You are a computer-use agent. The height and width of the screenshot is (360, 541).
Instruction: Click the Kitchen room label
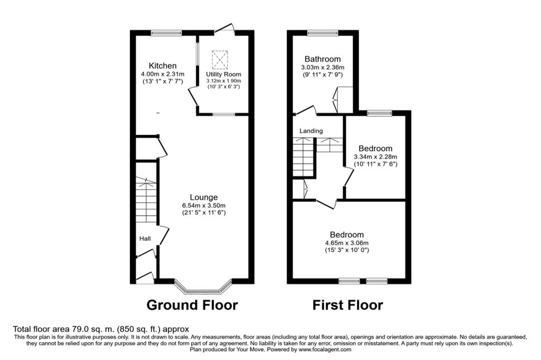[162, 66]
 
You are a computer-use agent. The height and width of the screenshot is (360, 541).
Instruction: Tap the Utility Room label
[224, 74]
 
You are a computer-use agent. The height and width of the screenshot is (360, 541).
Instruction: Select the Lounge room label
[204, 197]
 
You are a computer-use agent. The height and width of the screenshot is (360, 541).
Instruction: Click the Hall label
[145, 239]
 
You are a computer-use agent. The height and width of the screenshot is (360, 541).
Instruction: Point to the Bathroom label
[322, 59]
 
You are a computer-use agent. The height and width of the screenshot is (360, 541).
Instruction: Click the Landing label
[311, 131]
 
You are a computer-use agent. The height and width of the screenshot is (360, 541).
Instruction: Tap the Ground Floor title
[192, 305]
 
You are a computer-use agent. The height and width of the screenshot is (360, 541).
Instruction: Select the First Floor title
[347, 305]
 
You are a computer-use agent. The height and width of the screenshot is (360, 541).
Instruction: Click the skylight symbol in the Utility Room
[220, 60]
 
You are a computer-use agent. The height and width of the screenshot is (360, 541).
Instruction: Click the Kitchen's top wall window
[166, 33]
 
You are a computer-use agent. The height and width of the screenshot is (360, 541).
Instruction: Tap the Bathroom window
[323, 33]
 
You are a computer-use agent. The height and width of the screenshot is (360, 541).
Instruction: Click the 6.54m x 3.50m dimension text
[204, 206]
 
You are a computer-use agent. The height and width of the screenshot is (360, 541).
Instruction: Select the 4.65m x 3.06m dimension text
[347, 243]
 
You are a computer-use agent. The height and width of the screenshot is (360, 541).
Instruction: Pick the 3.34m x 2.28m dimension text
[375, 157]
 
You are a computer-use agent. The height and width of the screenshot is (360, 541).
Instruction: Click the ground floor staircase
[146, 200]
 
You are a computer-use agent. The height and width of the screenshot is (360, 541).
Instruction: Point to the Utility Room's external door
[225, 28]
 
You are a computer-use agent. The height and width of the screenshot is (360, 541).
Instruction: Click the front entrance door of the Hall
[145, 278]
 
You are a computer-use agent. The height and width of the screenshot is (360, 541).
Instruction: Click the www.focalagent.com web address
[325, 349]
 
